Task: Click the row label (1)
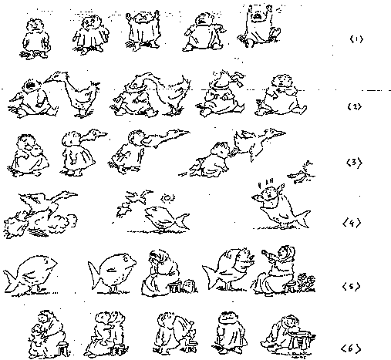point(356,39)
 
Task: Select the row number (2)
point(355,106)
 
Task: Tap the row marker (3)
point(355,163)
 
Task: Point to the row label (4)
point(352,223)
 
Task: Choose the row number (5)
point(352,286)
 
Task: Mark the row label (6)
point(351,348)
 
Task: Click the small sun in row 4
point(167,198)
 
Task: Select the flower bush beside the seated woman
point(307,282)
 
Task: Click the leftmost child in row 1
point(35,38)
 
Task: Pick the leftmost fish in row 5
point(30,274)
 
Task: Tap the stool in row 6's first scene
point(62,348)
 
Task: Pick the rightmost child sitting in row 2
point(281,95)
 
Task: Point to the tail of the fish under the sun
point(182,220)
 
